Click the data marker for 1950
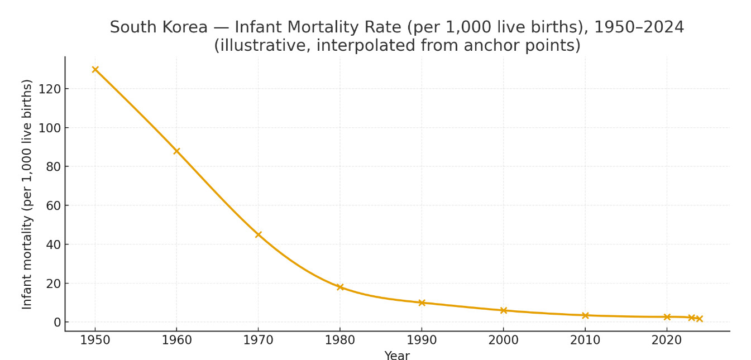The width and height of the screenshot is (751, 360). pyautogui.click(x=95, y=70)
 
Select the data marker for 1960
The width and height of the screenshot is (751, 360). pyautogui.click(x=176, y=151)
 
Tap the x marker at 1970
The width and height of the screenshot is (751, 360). pyautogui.click(x=258, y=234)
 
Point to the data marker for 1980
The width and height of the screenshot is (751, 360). pyautogui.click(x=340, y=287)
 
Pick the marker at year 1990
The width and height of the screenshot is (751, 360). pyautogui.click(x=422, y=303)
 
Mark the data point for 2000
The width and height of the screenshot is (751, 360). pyautogui.click(x=503, y=310)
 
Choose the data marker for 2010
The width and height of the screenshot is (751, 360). pyautogui.click(x=585, y=315)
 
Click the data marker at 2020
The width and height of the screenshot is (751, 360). pyautogui.click(x=667, y=317)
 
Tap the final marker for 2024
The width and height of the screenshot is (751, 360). pyautogui.click(x=699, y=319)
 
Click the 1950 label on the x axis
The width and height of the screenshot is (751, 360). pyautogui.click(x=95, y=340)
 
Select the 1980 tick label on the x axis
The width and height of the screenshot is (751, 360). pyautogui.click(x=340, y=340)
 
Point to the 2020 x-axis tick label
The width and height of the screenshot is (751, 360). pyautogui.click(x=667, y=340)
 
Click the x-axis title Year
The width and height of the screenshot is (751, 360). pyautogui.click(x=397, y=356)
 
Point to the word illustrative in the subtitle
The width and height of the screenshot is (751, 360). pyautogui.click(x=262, y=46)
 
